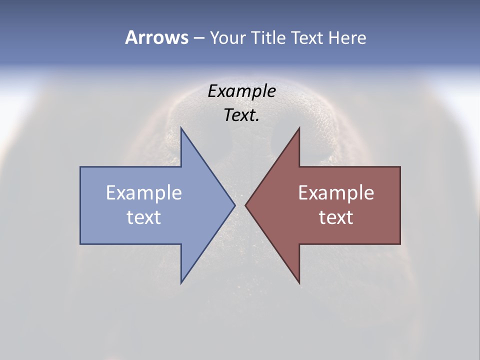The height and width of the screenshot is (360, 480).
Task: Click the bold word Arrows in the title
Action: coord(156,37)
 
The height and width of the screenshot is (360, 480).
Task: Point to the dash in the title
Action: coord(198,38)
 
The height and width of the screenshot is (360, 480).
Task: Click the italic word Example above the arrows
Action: coord(242,91)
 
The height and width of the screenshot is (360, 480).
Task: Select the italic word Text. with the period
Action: coord(242,115)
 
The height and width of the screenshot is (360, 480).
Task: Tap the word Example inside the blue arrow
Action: coord(144,192)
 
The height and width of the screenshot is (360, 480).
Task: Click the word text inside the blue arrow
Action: coord(144,217)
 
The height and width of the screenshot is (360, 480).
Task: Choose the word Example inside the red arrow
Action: coord(336,192)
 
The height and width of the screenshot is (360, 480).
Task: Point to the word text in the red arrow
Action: coord(336,217)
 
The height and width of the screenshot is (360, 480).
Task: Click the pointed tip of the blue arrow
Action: coord(234,205)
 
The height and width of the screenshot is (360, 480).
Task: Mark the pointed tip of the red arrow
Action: coord(245,205)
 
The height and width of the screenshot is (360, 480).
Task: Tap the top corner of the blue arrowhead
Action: coord(181,128)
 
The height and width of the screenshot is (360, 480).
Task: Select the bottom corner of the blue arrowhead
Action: coord(181,282)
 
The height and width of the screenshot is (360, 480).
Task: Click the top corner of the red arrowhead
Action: coord(299,128)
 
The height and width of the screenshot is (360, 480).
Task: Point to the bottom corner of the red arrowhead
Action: coord(299,282)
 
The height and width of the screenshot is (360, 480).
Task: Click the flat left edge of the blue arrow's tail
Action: coord(80,205)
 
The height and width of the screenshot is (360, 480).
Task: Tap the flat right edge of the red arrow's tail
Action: coord(400,205)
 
